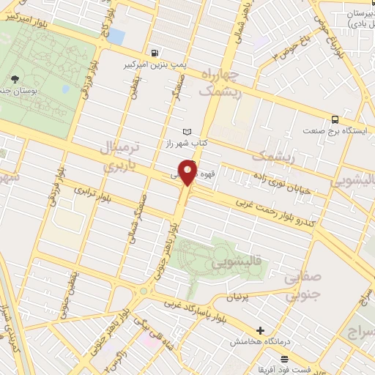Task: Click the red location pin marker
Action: coord(189,174)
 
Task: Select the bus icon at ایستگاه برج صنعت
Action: coord(335,119)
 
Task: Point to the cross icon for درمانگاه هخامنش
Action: coord(261,331)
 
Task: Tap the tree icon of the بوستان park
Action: coord(16,78)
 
